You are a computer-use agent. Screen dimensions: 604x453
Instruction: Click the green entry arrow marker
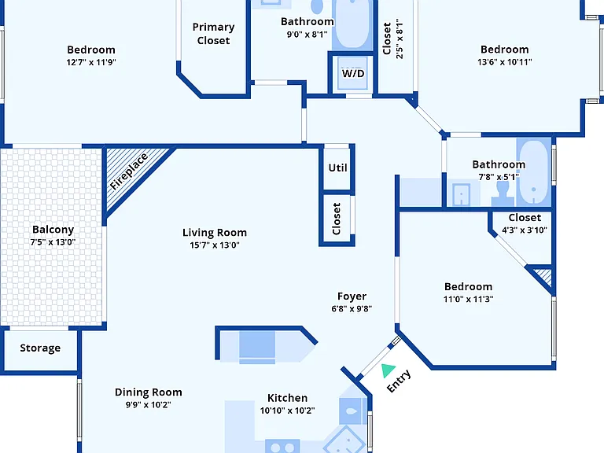[x=388, y=370]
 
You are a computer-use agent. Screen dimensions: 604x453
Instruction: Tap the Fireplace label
[x=129, y=171]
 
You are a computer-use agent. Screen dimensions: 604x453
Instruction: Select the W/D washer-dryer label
[x=353, y=73]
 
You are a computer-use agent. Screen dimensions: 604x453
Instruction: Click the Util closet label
[x=338, y=168]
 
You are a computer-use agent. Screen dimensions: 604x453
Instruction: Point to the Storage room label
[x=40, y=348]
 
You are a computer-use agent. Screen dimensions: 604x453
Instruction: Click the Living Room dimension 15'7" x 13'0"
[x=215, y=245]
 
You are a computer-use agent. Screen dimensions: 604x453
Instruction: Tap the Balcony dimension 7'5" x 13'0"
[x=53, y=242]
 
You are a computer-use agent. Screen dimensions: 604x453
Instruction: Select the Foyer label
[x=352, y=296]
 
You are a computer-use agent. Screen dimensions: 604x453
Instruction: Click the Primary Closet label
[x=213, y=34]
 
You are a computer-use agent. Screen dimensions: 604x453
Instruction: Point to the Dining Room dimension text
[x=149, y=404]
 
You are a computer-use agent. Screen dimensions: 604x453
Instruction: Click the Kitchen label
[x=287, y=398]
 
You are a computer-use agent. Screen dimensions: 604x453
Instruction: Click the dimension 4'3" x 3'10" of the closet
[x=525, y=230]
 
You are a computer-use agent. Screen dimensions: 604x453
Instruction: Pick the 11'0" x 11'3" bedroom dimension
[x=468, y=299]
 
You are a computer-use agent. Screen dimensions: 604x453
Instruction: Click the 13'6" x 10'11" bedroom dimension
[x=505, y=61]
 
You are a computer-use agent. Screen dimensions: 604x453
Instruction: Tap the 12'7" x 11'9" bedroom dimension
[x=91, y=62]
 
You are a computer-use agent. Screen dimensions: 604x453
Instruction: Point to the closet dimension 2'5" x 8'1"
[x=400, y=39]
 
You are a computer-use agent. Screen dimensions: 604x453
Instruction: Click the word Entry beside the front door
[x=399, y=381]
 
